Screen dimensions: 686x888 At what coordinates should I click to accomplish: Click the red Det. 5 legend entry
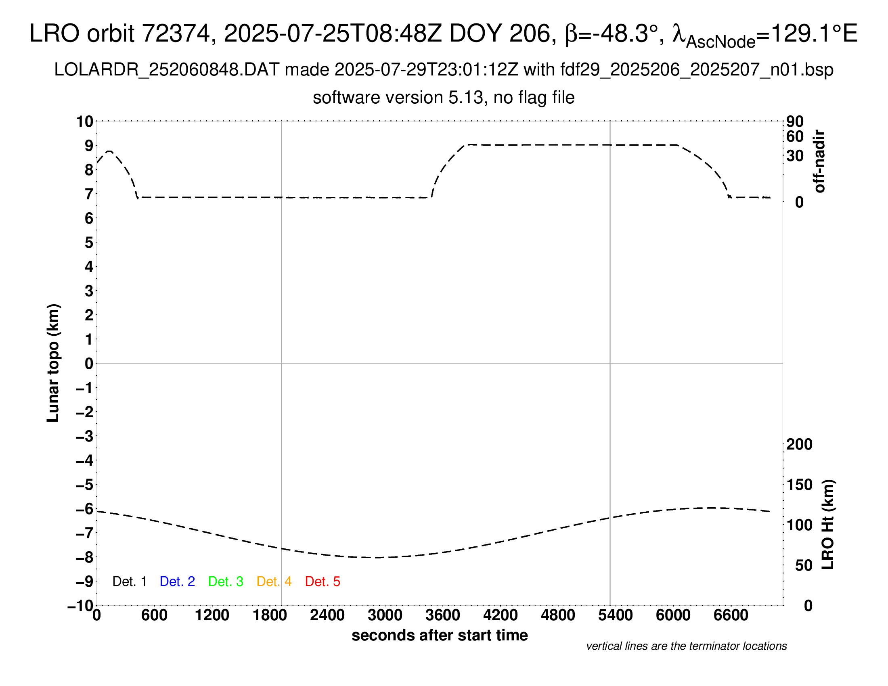click(323, 581)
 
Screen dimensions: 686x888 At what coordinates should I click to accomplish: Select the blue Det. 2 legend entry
click(177, 581)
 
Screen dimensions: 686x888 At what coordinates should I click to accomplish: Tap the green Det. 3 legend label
click(226, 581)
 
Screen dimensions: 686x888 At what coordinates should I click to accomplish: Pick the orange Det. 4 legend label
click(274, 581)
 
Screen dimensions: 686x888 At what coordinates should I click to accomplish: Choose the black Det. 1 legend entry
click(129, 581)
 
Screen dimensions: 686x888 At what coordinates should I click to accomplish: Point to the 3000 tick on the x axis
click(385, 615)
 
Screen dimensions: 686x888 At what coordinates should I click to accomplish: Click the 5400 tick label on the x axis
click(616, 615)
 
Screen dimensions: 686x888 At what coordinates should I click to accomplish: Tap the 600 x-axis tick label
click(154, 615)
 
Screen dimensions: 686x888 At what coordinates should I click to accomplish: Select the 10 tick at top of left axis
click(85, 121)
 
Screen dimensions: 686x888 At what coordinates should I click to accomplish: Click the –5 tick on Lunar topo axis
click(85, 485)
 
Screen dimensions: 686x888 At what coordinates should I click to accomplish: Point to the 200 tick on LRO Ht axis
click(799, 444)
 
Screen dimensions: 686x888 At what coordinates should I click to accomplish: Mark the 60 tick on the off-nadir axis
click(795, 136)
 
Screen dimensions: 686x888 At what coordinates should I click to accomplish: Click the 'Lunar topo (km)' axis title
click(53, 363)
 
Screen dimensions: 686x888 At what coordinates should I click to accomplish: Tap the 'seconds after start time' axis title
click(440, 635)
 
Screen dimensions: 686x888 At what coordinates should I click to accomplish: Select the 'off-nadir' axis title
click(820, 161)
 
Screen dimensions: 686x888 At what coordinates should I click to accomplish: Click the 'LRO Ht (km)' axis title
click(828, 525)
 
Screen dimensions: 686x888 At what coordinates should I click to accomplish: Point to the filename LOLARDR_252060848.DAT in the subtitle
click(167, 70)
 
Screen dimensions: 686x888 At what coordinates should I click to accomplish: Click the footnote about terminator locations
click(686, 646)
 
